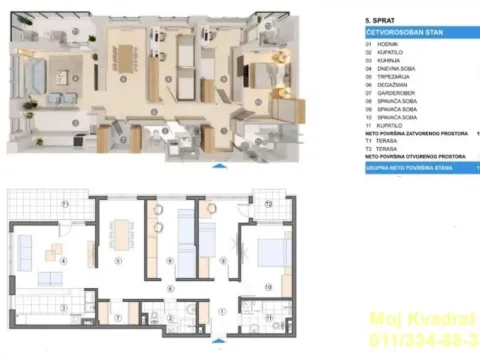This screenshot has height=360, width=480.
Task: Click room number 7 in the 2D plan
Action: (119, 319)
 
